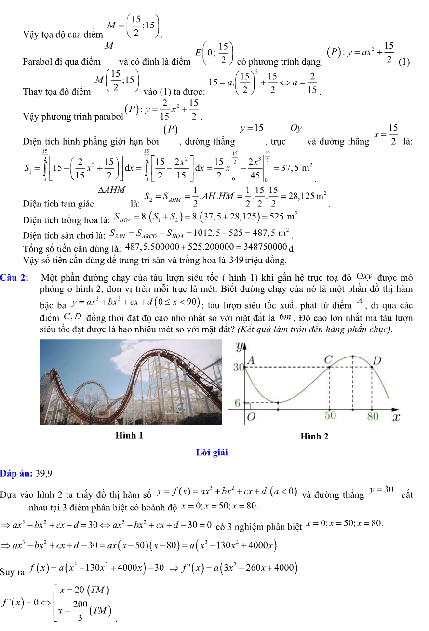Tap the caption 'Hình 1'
tap(129, 435)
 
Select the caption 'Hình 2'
tap(314, 437)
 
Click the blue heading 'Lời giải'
tap(212, 453)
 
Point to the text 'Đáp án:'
tap(16, 473)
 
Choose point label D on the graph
tap(377, 360)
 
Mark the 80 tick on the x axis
tap(373, 416)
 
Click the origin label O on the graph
tap(251, 417)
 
